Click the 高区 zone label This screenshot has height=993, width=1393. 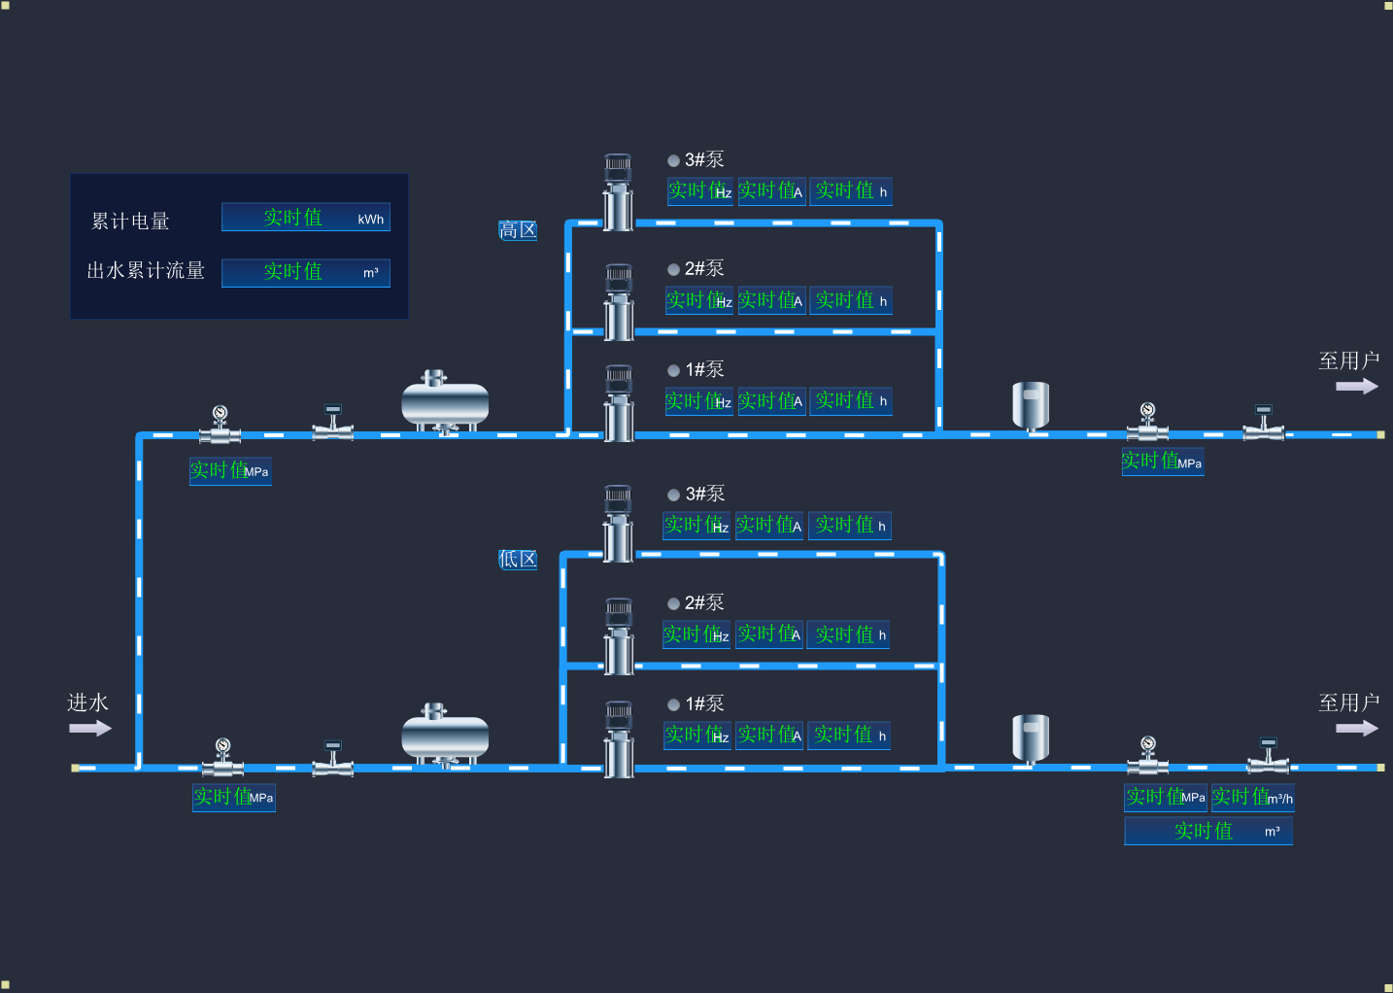click(x=518, y=230)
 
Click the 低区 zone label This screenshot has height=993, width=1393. click(x=518, y=560)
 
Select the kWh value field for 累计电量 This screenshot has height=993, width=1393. click(x=305, y=218)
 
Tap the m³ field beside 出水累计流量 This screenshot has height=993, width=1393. click(x=305, y=272)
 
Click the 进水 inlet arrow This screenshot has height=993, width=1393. click(x=90, y=729)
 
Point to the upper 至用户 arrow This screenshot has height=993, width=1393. click(x=1356, y=387)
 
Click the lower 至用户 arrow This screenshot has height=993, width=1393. click(x=1356, y=729)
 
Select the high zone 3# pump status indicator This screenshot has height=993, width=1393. click(x=673, y=160)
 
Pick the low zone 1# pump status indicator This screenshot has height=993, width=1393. click(x=673, y=704)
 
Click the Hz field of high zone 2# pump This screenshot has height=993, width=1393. click(x=699, y=301)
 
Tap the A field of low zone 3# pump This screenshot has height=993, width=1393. click(x=769, y=526)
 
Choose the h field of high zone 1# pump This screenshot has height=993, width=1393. click(x=851, y=401)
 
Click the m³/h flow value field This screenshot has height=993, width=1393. click(x=1252, y=798)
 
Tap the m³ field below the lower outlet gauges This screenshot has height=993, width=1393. click(x=1208, y=832)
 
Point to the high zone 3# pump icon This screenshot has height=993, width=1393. click(x=618, y=192)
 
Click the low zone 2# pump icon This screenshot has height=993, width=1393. click(x=619, y=636)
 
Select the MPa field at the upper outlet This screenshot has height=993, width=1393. click(x=1163, y=462)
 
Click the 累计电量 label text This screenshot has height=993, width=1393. click(x=130, y=222)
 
